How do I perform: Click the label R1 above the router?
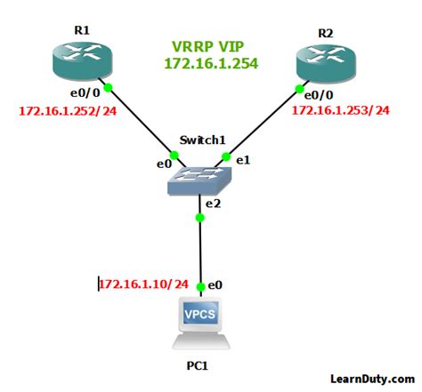tap(83, 30)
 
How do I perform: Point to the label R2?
tap(324, 32)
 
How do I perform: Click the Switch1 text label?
tap(202, 140)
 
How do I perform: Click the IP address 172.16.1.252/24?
tap(68, 111)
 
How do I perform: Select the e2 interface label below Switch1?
tap(214, 204)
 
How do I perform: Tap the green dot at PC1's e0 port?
tap(202, 286)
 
